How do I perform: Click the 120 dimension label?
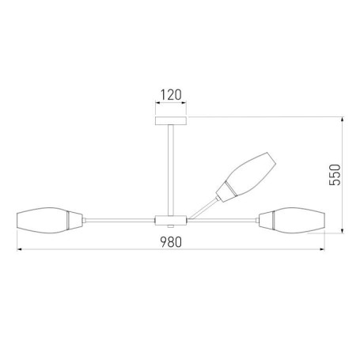point(171,95)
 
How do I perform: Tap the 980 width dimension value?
point(171,242)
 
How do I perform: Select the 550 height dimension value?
point(335,175)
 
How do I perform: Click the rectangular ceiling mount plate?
point(171,121)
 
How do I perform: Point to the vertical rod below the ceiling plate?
point(171,170)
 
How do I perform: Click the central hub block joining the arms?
point(171,221)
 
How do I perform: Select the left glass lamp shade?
point(42,220)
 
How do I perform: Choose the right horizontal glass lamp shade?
point(300,220)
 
